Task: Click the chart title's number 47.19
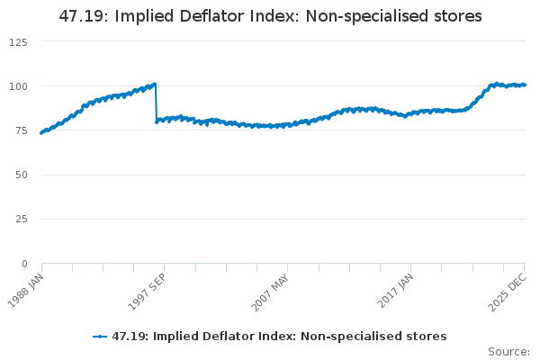pyautogui.click(x=79, y=16)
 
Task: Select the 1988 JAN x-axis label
pyautogui.click(x=29, y=290)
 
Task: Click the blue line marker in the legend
pyautogui.click(x=100, y=337)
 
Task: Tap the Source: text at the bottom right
pyautogui.click(x=508, y=351)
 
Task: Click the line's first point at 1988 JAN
pyautogui.click(x=41, y=132)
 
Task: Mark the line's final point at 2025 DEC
pyautogui.click(x=525, y=85)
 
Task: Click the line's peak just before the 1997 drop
pyautogui.click(x=155, y=84)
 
